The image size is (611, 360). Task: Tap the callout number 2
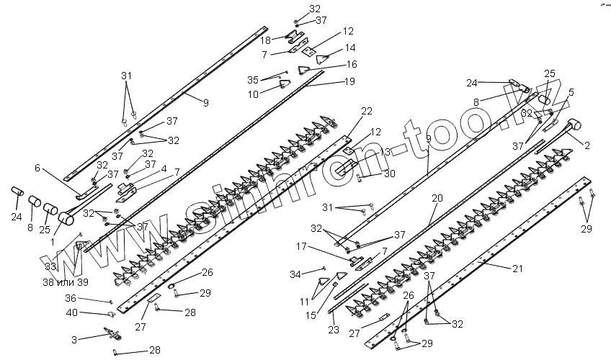point(587,145)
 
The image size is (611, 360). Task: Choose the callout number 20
point(437,197)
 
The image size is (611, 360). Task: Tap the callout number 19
point(349,81)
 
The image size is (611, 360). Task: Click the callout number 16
point(351,64)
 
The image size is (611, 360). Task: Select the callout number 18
point(266,40)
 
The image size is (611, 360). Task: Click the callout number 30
point(390,174)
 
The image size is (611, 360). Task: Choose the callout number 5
point(571,92)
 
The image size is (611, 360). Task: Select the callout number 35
point(251,79)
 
